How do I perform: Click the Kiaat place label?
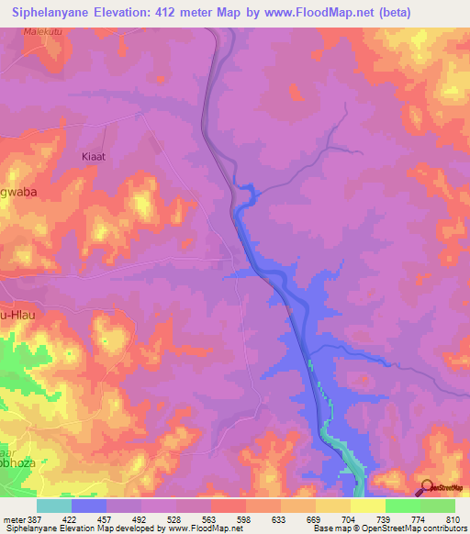pos(93,156)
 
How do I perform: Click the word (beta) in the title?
pos(391,13)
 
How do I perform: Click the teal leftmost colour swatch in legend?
pos(54,506)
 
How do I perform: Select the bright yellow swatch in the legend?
pos(367,506)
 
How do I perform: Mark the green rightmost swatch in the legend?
pos(437,506)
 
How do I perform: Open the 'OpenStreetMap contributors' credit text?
pos(412,529)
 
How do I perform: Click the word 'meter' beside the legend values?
pos(13,518)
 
